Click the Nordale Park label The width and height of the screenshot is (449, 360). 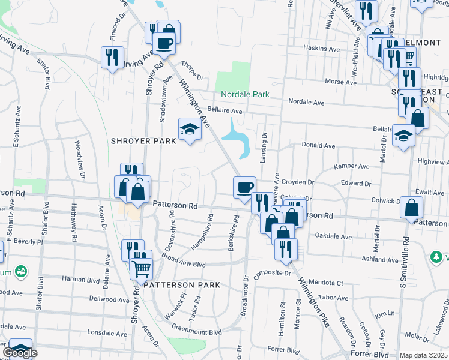(x=245, y=94)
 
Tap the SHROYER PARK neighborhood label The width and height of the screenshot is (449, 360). (x=143, y=140)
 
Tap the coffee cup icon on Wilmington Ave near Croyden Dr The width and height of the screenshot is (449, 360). (x=245, y=187)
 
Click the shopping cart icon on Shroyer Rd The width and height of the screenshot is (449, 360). (x=142, y=269)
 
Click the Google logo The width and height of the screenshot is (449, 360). (x=20, y=353)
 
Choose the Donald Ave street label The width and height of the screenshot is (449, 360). (x=318, y=145)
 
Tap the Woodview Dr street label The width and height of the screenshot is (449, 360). (x=77, y=155)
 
